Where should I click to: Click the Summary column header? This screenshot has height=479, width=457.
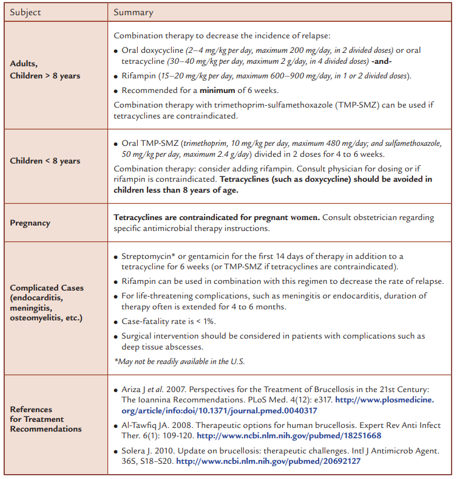pos(134,12)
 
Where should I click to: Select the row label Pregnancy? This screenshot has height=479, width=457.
pos(30,222)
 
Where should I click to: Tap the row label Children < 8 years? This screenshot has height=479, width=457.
pos(45,161)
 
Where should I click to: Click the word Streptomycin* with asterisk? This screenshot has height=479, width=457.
pos(149,257)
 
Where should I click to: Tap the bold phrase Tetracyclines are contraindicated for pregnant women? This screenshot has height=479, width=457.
pos(217,217)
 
